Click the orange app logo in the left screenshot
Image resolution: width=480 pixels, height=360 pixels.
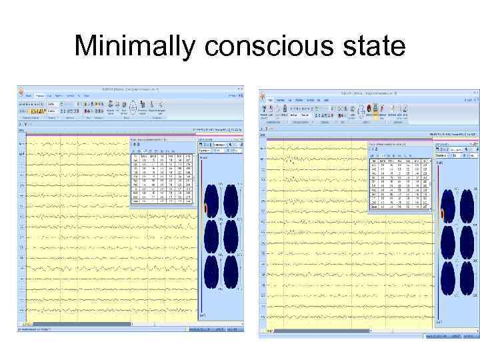(x=21, y=90)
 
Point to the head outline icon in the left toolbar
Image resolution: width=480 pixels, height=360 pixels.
(x=133, y=107)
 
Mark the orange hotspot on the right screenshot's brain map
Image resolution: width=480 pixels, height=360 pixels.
(x=442, y=215)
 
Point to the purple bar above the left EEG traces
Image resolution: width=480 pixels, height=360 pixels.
(x=107, y=135)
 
